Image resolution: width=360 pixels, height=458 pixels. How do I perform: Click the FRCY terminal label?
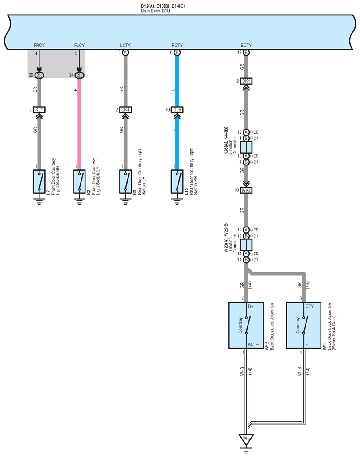[x=39, y=45]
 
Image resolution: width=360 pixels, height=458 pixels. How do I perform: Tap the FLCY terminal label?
[x=79, y=45]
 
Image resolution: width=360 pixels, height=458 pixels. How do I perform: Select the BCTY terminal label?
[x=246, y=45]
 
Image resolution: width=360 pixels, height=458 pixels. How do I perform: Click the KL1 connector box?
[x=39, y=110]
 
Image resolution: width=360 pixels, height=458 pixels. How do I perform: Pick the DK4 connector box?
[x=125, y=110]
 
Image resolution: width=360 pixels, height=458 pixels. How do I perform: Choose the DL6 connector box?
[x=177, y=110]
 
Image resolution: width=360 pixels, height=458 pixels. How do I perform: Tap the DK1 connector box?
[x=246, y=81]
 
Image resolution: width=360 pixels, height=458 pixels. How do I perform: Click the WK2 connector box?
[x=246, y=190]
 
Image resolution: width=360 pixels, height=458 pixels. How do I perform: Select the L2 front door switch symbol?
[x=39, y=181]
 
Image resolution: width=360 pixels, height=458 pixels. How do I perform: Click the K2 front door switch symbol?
[x=79, y=181]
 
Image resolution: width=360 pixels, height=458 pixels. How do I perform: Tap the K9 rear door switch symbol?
[x=125, y=181]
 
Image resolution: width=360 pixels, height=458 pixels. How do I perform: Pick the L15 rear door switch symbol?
[x=177, y=181]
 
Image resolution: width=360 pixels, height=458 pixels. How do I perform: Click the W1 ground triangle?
[x=246, y=439]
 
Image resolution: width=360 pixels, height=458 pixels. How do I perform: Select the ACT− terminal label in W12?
[x=253, y=344]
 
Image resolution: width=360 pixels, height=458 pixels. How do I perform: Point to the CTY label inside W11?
[x=310, y=306]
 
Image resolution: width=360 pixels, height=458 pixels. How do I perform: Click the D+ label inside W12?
[x=251, y=306]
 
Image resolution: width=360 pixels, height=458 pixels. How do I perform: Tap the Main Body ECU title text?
[x=155, y=11]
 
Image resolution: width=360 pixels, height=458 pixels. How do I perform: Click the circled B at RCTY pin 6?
[x=177, y=53]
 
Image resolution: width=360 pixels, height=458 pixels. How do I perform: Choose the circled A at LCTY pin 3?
[x=125, y=53]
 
